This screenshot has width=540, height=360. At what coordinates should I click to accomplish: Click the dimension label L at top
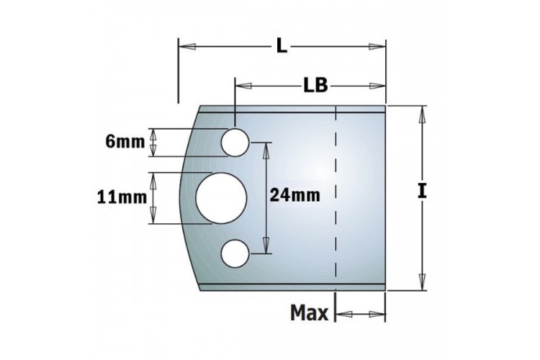point(282,47)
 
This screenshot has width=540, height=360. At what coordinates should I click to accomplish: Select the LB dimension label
point(315,85)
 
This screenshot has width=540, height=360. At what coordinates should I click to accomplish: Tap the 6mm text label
point(125,142)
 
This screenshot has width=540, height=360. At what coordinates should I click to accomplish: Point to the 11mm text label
point(122,197)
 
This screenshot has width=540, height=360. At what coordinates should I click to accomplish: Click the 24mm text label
point(294,195)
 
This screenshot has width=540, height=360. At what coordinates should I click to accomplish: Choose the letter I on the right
point(422,192)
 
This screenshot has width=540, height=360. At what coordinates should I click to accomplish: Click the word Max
point(310,313)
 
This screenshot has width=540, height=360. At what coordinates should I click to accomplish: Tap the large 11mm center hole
point(221,198)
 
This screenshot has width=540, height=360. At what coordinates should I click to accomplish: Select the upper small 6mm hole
point(235,143)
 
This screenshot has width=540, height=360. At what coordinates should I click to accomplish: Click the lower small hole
point(235,253)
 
